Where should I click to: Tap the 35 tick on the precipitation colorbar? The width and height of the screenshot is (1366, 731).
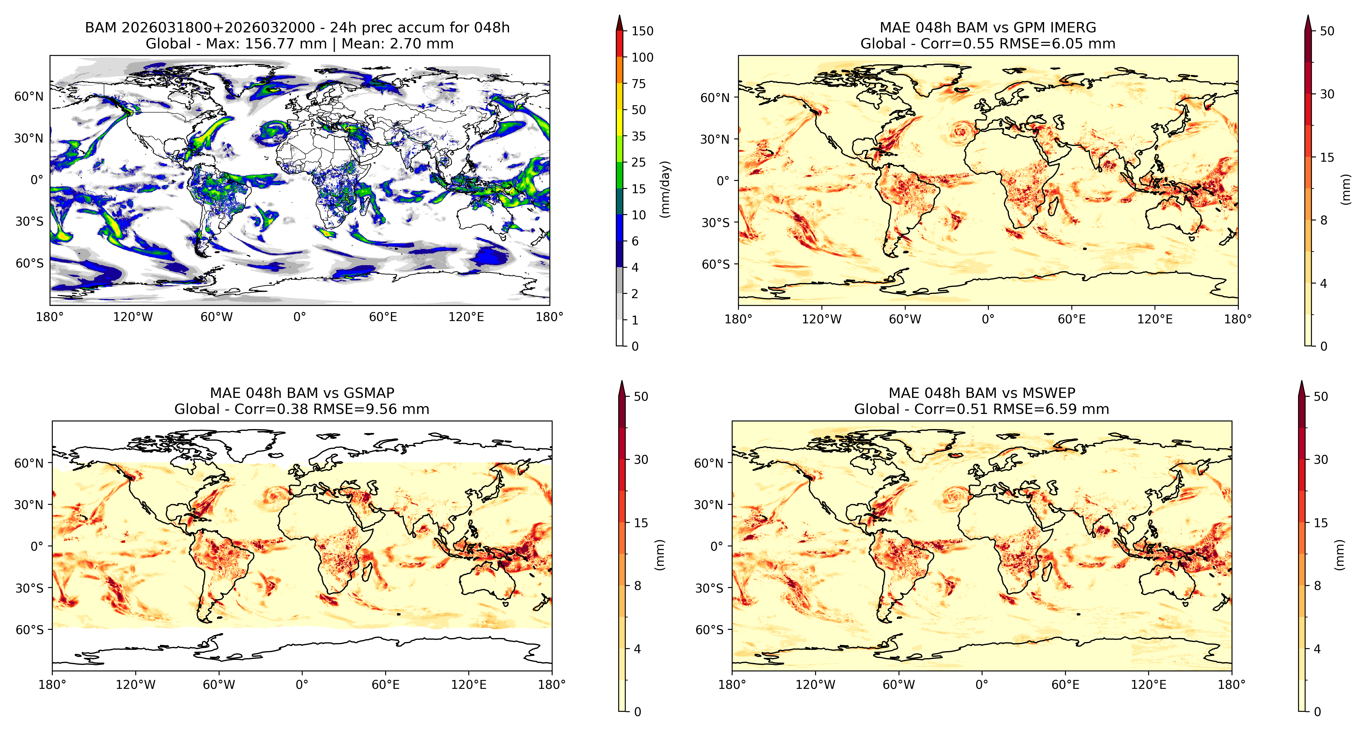tap(639, 136)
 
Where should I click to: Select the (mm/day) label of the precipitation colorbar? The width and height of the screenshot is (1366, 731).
tap(665, 189)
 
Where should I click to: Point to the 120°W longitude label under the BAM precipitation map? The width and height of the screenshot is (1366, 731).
tap(133, 317)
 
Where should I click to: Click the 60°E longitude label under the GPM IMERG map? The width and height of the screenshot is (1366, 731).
tap(1072, 319)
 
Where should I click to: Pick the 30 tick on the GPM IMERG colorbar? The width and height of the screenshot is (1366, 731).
tap(1327, 94)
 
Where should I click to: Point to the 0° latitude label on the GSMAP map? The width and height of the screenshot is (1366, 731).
tap(37, 546)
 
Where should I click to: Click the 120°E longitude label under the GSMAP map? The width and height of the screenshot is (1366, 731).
tap(469, 685)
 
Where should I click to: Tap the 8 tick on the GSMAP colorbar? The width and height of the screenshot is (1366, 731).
tap(637, 586)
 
